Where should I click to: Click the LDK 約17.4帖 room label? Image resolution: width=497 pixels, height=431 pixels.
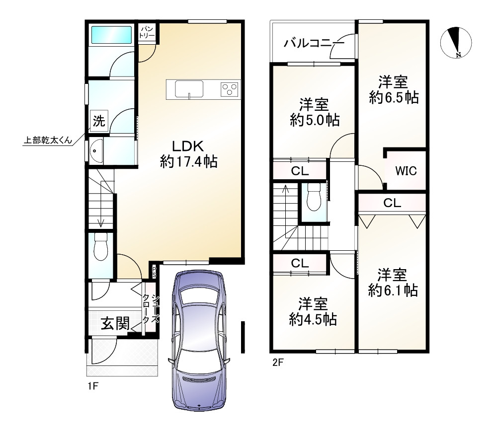point(188,154)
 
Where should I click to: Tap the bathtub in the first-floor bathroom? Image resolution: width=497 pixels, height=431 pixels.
point(111,35)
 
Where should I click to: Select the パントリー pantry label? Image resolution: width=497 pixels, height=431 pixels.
point(147,32)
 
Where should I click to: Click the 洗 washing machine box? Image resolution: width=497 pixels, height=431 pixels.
point(99,121)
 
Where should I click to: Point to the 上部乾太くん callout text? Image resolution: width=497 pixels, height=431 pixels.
point(48,140)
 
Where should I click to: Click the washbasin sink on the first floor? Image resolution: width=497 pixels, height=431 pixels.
point(95,151)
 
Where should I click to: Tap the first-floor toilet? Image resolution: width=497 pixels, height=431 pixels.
point(101,247)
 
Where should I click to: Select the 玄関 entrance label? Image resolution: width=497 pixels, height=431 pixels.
point(115,323)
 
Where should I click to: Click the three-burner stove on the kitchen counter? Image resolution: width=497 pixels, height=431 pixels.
point(230,89)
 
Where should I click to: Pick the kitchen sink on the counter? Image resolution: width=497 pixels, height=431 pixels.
point(189,89)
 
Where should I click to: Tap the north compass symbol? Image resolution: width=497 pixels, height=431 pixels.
point(456,43)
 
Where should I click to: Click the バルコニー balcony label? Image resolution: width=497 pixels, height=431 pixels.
point(314,43)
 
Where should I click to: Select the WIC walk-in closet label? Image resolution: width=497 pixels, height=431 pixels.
point(406,171)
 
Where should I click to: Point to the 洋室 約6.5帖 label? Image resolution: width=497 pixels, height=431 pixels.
point(393,89)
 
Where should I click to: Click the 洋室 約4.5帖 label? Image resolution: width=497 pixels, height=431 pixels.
point(313,312)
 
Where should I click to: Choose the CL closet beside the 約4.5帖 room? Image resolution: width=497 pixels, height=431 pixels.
point(300,263)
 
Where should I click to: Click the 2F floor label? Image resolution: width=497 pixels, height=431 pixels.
point(278,362)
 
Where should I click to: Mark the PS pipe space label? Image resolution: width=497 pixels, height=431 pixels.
point(154,272)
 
